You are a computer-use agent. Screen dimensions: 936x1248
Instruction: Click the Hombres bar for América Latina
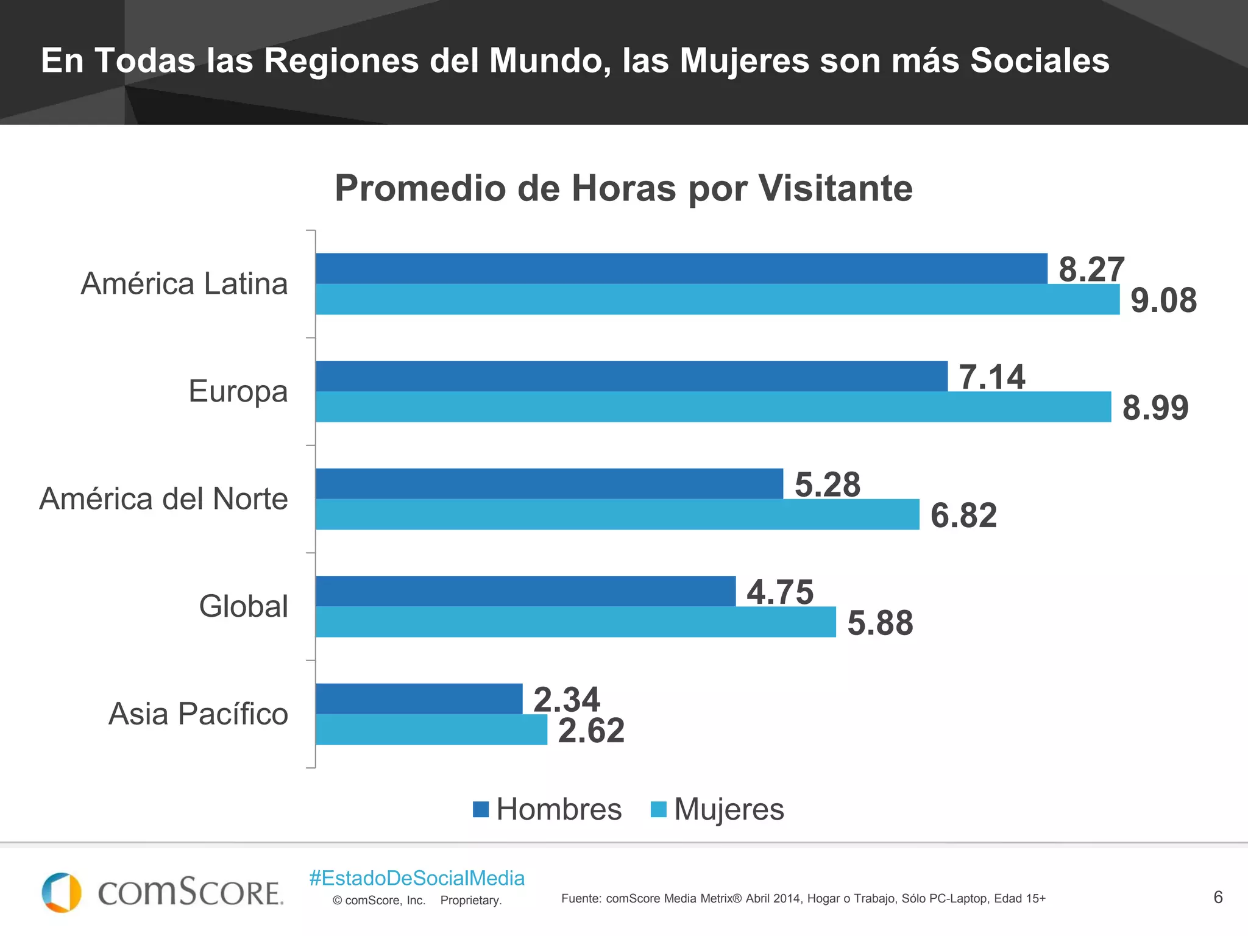tap(681, 269)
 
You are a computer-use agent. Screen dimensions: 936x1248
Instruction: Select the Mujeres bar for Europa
tap(713, 407)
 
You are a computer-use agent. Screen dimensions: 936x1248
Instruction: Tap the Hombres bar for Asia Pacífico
tap(419, 698)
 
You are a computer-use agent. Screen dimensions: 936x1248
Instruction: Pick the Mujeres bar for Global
tap(575, 622)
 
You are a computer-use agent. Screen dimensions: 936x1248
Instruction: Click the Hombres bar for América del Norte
tap(549, 484)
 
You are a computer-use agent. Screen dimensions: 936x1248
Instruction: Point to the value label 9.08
tap(1163, 300)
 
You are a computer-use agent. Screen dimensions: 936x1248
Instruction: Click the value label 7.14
tap(992, 377)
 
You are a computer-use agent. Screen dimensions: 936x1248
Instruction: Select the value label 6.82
tap(963, 516)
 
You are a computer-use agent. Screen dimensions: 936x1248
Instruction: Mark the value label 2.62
tap(591, 731)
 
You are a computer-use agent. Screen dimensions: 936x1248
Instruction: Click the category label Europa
tap(238, 391)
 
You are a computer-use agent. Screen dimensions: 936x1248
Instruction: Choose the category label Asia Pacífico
tap(198, 714)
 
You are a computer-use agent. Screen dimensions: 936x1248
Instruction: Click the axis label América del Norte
tap(163, 498)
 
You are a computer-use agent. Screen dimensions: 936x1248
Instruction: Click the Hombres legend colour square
tap(481, 809)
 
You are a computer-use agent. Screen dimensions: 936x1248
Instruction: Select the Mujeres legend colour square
tap(659, 809)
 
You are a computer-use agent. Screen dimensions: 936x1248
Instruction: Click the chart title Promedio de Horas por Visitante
tap(623, 188)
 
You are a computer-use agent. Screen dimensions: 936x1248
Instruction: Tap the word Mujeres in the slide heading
tap(744, 61)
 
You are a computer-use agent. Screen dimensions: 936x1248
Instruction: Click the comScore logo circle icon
tap(61, 892)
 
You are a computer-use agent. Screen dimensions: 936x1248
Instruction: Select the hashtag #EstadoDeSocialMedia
tap(417, 878)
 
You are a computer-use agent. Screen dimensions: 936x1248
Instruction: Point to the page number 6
tap(1218, 897)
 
